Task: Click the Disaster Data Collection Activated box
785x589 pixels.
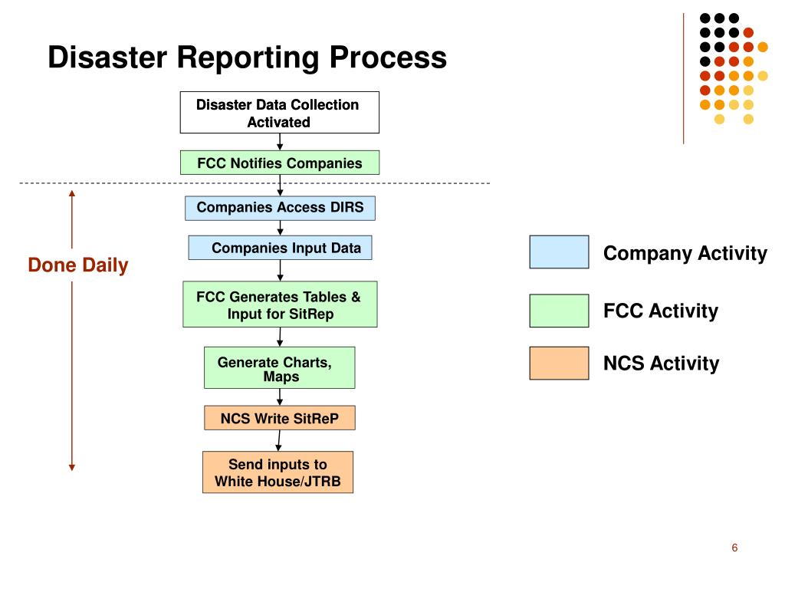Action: (x=279, y=112)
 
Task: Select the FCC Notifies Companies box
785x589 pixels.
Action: (x=280, y=163)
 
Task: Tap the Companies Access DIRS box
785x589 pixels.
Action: (x=280, y=208)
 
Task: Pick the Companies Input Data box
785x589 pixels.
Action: (x=280, y=248)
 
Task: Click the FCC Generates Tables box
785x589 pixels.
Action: (x=280, y=304)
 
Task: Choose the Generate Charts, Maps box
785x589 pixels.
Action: (x=279, y=367)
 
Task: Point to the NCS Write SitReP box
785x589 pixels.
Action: (x=279, y=418)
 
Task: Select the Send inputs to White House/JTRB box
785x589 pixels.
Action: (x=278, y=472)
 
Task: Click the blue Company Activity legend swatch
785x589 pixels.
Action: (x=559, y=252)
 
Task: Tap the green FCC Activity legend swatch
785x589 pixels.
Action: (x=559, y=311)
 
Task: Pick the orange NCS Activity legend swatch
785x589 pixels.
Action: (x=559, y=363)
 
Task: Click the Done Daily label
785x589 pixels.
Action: (x=78, y=265)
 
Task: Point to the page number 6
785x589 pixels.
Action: (x=734, y=548)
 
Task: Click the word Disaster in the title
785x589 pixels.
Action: (x=107, y=57)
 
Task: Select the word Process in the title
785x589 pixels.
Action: (x=388, y=57)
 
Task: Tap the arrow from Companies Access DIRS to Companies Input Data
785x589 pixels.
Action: (x=281, y=228)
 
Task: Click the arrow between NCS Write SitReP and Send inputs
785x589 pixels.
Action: (x=279, y=441)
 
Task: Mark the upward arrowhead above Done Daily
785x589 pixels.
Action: (x=72, y=193)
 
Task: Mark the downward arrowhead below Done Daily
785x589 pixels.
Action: (x=72, y=467)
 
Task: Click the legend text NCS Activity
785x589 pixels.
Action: (x=662, y=363)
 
